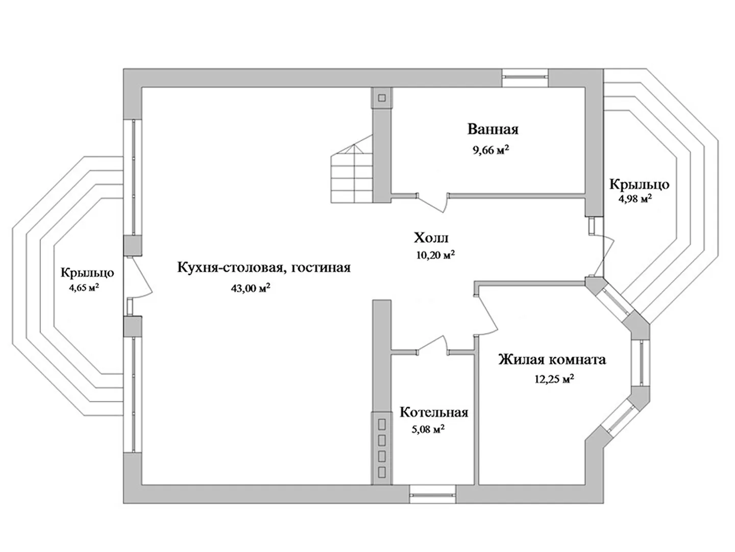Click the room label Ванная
[x=493, y=129]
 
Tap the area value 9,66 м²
[x=492, y=150]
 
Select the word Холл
[x=431, y=238]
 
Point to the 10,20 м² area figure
[x=435, y=255]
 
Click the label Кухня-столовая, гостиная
[x=264, y=267]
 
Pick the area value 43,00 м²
[x=250, y=288]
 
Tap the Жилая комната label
[x=552, y=360]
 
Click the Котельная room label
[x=434, y=412]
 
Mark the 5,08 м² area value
[x=428, y=430]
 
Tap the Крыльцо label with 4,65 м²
[x=87, y=272]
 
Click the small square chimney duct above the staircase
[x=382, y=98]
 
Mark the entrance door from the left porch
[x=140, y=278]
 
